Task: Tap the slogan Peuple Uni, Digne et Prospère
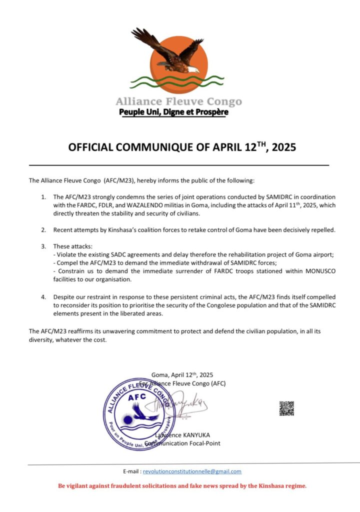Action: (x=173, y=112)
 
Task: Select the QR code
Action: (x=286, y=408)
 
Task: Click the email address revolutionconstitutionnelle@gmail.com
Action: (x=192, y=471)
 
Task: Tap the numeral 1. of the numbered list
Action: (x=43, y=197)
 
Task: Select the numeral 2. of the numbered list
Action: (x=43, y=230)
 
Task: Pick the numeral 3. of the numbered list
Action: (x=43, y=246)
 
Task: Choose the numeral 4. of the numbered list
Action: (x=43, y=297)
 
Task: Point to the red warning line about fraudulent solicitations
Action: (x=182, y=485)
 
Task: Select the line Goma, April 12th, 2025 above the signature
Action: (x=182, y=375)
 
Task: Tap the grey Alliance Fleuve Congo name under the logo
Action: (x=178, y=101)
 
